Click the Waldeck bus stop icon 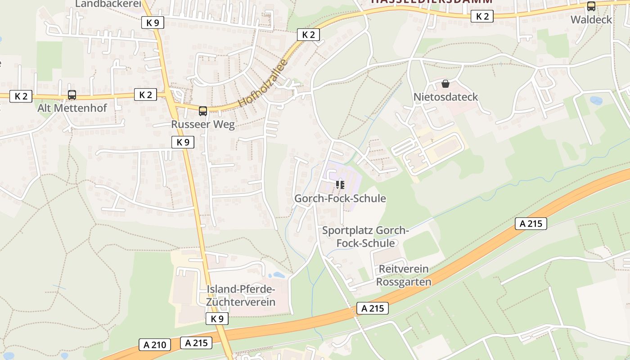(x=591, y=7)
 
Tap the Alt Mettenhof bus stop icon (x=72, y=95)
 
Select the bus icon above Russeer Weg (x=203, y=111)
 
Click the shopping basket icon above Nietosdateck (x=445, y=84)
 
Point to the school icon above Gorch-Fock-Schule (x=340, y=185)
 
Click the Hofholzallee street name (x=263, y=83)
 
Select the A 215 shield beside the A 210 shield (x=196, y=342)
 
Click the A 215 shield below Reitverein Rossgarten (x=373, y=308)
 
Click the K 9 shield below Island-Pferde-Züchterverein (x=217, y=319)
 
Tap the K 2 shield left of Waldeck (x=482, y=17)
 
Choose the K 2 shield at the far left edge (x=21, y=96)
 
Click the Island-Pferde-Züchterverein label (x=241, y=295)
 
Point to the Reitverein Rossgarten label (x=404, y=275)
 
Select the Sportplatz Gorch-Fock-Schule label (x=365, y=237)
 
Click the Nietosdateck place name (x=445, y=97)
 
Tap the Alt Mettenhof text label (x=72, y=108)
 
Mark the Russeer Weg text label (x=203, y=125)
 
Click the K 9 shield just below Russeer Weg (x=183, y=142)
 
